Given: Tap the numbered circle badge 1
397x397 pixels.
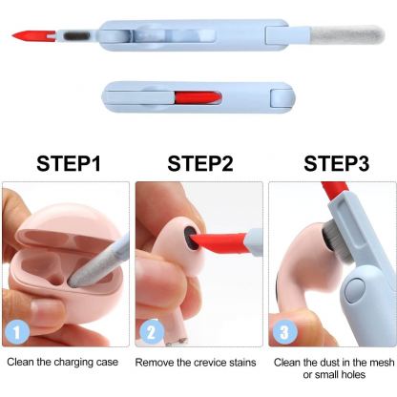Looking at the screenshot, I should (x=16, y=333).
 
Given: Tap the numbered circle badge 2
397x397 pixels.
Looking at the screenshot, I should (x=150, y=333).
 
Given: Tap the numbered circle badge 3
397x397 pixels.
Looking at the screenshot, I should (x=284, y=333).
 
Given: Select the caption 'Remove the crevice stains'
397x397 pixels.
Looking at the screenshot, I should (x=199, y=363).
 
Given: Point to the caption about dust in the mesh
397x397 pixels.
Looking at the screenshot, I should (x=333, y=369).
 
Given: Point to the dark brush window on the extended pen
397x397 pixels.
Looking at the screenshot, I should (x=74, y=36).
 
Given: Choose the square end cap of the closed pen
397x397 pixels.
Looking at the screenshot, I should (x=280, y=96).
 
